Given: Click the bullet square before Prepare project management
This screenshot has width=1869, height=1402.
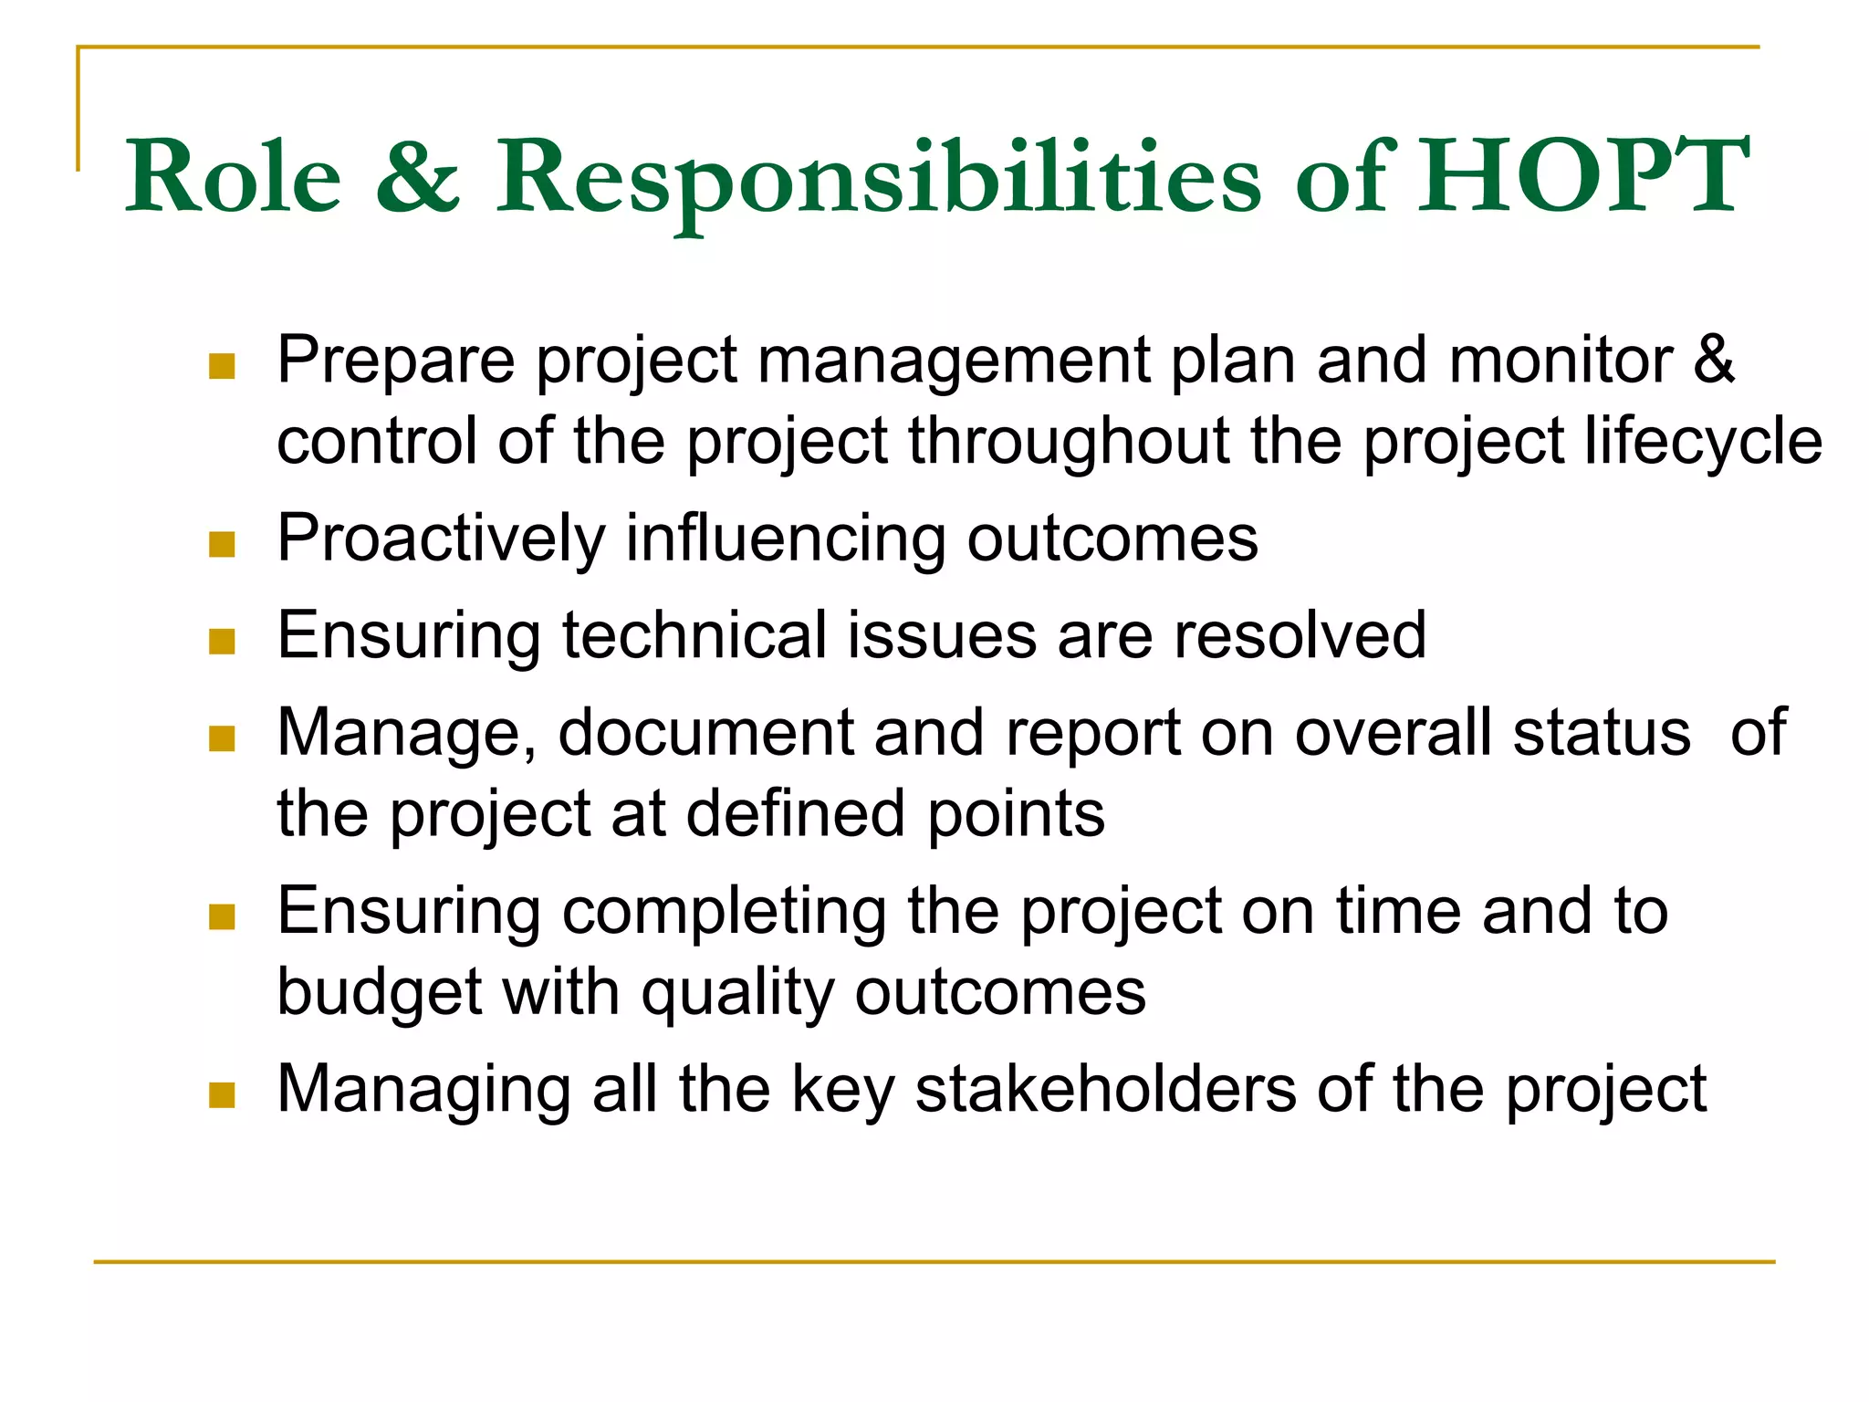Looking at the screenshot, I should coord(222,367).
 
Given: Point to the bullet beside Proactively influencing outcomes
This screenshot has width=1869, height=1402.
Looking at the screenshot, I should coord(222,545).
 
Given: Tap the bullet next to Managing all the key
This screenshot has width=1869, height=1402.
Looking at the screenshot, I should coord(222,1094).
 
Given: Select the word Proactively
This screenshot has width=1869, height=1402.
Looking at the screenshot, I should coord(441,539).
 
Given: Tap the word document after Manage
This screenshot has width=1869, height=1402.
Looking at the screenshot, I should coord(705,732).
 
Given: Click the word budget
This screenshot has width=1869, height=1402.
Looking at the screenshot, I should coord(379,993).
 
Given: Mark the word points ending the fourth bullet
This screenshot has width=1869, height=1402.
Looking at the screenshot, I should coord(1016,813).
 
